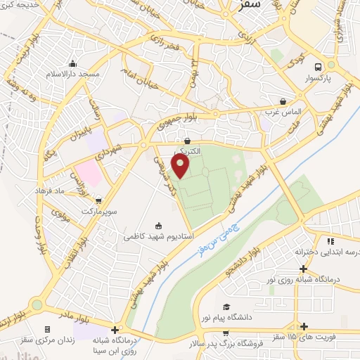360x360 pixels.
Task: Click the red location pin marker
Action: click(x=181, y=167)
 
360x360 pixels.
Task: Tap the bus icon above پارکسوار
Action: click(x=319, y=67)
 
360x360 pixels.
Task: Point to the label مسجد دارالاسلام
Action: click(x=75, y=74)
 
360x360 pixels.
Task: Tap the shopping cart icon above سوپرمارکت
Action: click(x=97, y=200)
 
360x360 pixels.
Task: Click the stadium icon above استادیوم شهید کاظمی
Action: click(x=158, y=226)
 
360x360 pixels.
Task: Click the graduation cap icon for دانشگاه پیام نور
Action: click(x=226, y=307)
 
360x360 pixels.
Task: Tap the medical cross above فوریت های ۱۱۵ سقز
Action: click(x=304, y=326)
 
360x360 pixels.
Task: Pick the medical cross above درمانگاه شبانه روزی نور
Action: click(x=303, y=269)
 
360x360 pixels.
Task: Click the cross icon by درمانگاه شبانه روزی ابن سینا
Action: click(x=115, y=329)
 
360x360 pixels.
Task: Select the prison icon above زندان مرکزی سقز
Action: click(x=47, y=329)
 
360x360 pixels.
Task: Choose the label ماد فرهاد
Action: click(x=50, y=191)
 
